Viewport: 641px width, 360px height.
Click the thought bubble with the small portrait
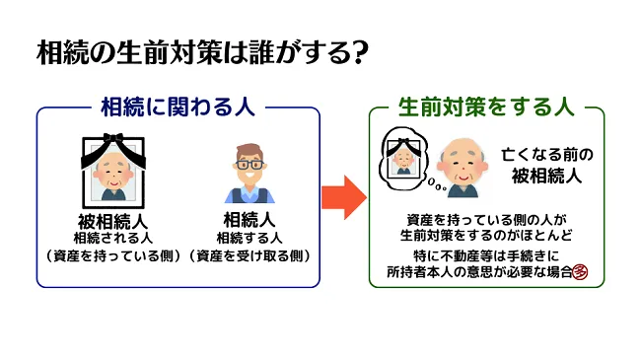(404, 157)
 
